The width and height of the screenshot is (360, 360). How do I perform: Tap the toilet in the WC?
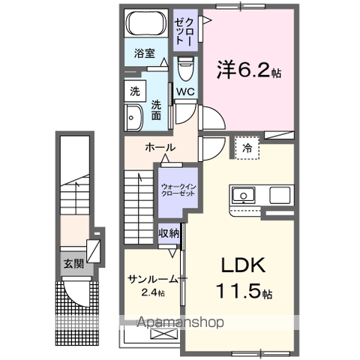[x=185, y=70]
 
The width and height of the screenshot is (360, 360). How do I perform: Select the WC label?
[x=185, y=93]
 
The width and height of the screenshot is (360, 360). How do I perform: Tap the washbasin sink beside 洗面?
[x=135, y=118]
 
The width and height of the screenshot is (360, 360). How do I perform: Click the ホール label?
[x=160, y=147]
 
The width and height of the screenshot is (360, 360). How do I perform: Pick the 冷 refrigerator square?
[x=247, y=148]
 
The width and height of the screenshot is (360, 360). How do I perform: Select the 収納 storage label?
[x=169, y=233]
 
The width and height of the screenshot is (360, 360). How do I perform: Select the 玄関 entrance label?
[x=73, y=263]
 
